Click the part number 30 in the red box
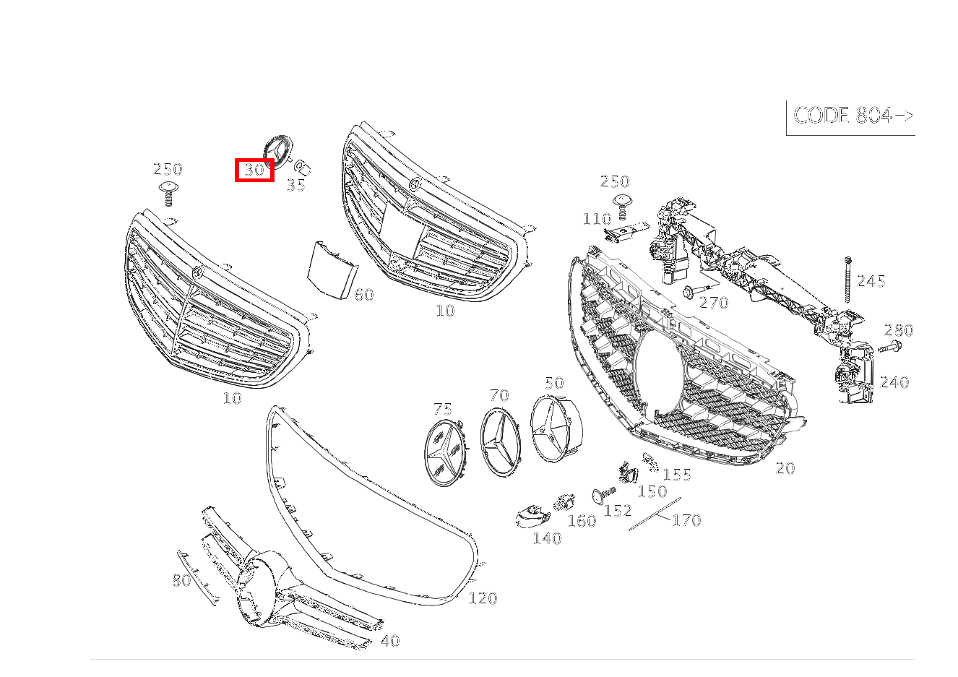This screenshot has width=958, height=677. pyautogui.click(x=254, y=171)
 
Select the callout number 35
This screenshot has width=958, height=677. pyautogui.click(x=296, y=185)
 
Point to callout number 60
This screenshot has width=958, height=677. pyautogui.click(x=364, y=294)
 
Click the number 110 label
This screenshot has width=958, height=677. pyautogui.click(x=597, y=219)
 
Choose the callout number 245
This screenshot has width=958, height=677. pyautogui.click(x=871, y=281)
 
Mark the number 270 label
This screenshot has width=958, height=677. pyautogui.click(x=714, y=303)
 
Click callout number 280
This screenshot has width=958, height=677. pyautogui.click(x=899, y=330)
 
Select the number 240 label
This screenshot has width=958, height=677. pyautogui.click(x=894, y=382)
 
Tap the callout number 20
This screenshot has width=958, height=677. pyautogui.click(x=785, y=468)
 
